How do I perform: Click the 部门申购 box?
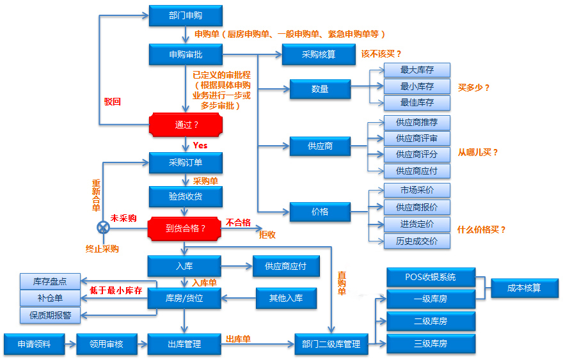[186, 16]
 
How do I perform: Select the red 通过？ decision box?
[186, 125]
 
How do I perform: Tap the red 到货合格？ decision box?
[184, 229]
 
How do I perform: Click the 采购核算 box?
[319, 54]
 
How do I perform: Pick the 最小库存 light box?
[417, 86]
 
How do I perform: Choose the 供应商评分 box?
[417, 155]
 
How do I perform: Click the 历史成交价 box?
[417, 241]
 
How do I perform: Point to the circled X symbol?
[104, 228]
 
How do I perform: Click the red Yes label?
[200, 145]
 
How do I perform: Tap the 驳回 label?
[113, 102]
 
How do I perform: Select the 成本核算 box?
[525, 288]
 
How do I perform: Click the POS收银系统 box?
[431, 277]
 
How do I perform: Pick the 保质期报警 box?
[51, 315]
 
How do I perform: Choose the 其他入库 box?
[286, 298]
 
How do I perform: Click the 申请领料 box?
[35, 345]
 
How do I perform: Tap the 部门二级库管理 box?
[331, 345]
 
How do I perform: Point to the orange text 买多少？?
[473, 88]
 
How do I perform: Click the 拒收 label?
[267, 235]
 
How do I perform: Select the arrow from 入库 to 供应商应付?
[237, 266]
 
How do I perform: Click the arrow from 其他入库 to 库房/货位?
[239, 298]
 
